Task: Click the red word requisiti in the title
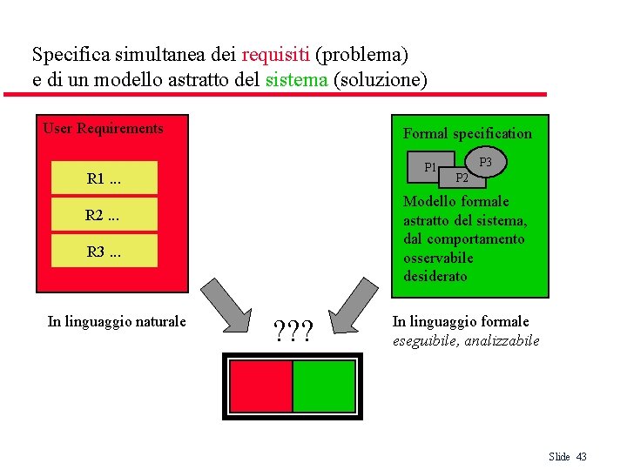click(x=276, y=55)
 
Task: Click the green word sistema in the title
click(x=297, y=80)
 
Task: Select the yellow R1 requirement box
click(x=104, y=179)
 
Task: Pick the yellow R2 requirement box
click(x=104, y=215)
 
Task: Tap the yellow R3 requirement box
click(x=104, y=252)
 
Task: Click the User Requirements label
click(x=103, y=129)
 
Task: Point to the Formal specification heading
click(x=467, y=133)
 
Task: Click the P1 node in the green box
click(x=430, y=167)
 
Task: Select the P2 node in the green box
click(x=462, y=178)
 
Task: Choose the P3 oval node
click(x=486, y=162)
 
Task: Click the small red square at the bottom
click(x=260, y=386)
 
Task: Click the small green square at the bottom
click(x=324, y=386)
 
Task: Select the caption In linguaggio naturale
click(x=117, y=322)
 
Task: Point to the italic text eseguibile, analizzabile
click(x=466, y=340)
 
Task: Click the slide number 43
click(x=582, y=457)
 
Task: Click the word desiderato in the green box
click(x=435, y=277)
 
